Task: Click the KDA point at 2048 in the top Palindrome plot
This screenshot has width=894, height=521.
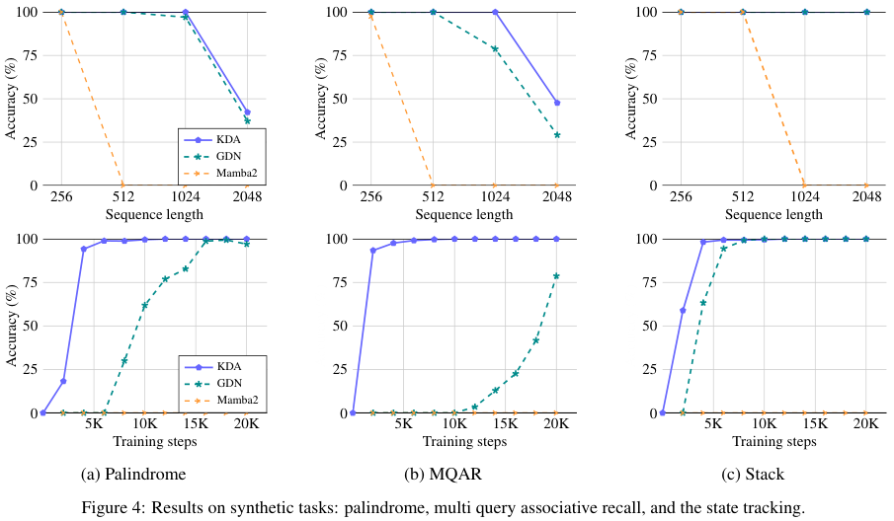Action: click(x=247, y=112)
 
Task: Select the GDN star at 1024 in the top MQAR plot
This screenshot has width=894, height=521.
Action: click(x=495, y=49)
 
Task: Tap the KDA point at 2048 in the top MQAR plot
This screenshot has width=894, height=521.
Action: click(x=557, y=103)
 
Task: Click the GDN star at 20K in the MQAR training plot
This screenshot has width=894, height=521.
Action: click(x=556, y=276)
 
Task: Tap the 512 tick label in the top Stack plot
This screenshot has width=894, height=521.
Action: click(x=742, y=196)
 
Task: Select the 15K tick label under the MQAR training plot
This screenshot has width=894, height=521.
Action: click(x=505, y=423)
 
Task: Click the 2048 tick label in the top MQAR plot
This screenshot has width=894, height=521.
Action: click(x=557, y=196)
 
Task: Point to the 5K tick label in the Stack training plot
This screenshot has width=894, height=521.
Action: click(x=713, y=423)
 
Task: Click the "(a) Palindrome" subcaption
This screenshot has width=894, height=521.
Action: click(x=133, y=474)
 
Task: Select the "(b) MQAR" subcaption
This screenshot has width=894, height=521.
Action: click(x=443, y=474)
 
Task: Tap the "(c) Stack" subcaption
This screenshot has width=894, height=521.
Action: click(x=753, y=474)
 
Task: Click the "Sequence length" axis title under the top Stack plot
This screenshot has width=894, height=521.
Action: click(x=773, y=215)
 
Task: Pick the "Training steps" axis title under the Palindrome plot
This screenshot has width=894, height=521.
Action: click(x=154, y=441)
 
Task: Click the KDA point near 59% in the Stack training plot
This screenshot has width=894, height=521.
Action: click(x=683, y=310)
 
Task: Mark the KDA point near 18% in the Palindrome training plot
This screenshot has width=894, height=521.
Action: click(x=63, y=381)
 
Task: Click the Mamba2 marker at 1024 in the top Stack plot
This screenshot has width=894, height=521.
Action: click(x=804, y=186)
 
